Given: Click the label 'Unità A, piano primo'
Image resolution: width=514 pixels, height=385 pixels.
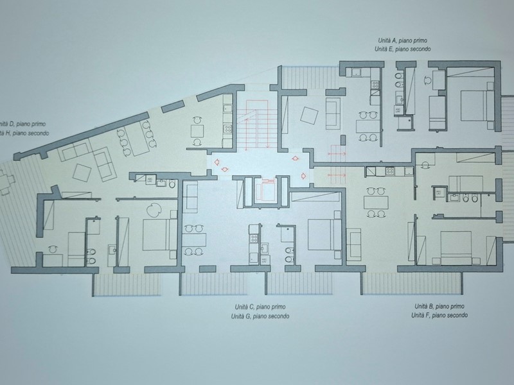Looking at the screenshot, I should (404, 40).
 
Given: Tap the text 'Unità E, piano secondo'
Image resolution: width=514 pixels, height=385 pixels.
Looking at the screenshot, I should (404, 49).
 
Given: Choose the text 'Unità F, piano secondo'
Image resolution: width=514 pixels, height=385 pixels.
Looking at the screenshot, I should (439, 316).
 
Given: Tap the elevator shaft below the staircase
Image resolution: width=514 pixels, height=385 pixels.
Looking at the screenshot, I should (263, 190).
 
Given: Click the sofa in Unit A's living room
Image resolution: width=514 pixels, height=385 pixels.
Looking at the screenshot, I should (333, 112).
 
